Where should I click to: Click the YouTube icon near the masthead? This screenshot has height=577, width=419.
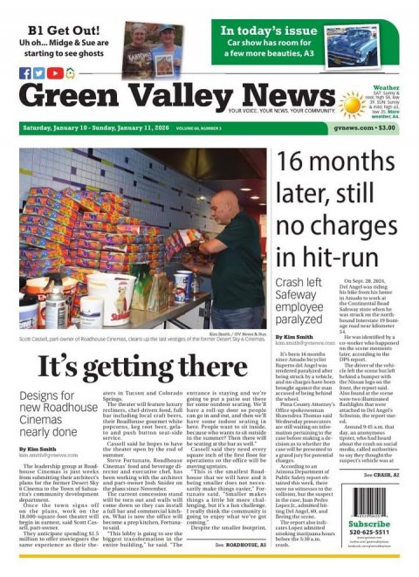click(x=54, y=73)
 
